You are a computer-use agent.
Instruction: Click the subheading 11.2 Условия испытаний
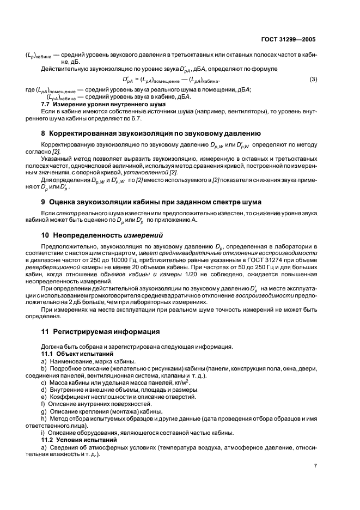tap(76, 439)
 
